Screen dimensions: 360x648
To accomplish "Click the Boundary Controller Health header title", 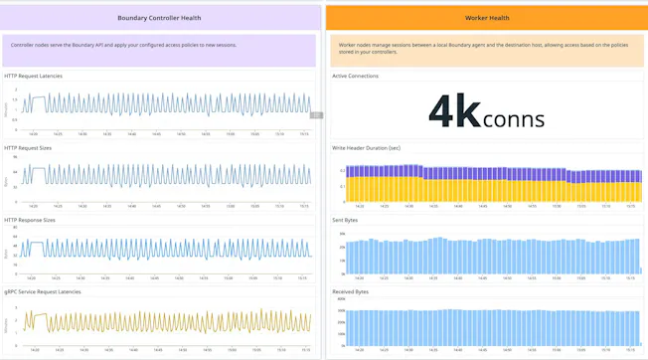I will click(159, 18).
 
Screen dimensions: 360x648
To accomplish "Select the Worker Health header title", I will click(487, 18).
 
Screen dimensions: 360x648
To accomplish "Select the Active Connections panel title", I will click(355, 76).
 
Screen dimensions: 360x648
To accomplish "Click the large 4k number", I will click(454, 111).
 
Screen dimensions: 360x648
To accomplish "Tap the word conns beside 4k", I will click(513, 120).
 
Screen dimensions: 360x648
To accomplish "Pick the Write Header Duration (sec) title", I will click(367, 148).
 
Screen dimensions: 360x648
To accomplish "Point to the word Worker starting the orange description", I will click(349, 45).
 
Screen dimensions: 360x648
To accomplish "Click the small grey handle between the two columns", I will click(316, 115).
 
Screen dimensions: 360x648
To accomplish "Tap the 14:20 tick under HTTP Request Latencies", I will click(33, 134).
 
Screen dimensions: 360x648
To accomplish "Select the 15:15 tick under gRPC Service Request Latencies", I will click(304, 350).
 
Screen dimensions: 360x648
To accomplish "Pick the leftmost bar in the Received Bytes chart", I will click(345, 327).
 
